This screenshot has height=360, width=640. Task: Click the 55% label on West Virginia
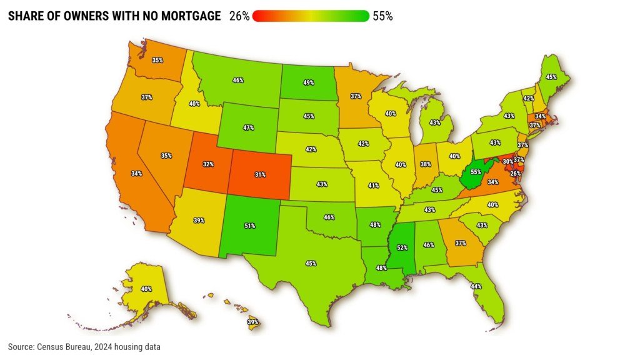[476, 172]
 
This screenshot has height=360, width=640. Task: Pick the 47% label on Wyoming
[248, 127]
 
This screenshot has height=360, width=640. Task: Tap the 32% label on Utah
[208, 164]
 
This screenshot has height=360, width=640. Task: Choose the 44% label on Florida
[476, 286]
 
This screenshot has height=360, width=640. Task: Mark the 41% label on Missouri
[374, 186]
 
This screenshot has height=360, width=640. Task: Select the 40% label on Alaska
[146, 289]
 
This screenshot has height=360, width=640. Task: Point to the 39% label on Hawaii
[252, 322]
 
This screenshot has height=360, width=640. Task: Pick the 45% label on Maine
[551, 77]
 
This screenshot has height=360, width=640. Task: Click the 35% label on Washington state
[157, 61]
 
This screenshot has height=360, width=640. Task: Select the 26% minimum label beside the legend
[239, 16]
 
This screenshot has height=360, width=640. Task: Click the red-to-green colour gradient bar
[311, 16]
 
